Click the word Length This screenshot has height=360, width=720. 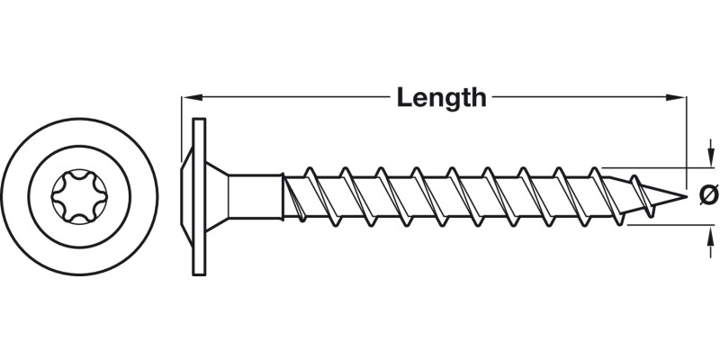[441, 98]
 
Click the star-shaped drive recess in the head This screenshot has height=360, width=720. [79, 196]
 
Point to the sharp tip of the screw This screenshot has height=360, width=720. [687, 197]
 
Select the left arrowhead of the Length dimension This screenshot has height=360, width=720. [193, 97]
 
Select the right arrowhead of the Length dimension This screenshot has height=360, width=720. [677, 97]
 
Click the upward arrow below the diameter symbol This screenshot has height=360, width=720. [711, 241]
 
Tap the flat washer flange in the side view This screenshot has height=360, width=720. [199, 197]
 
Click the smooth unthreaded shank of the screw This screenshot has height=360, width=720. [256, 197]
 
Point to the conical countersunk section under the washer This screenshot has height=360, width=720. [217, 197]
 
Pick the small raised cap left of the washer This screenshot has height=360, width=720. [185, 197]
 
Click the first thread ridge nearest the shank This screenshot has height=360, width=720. [293, 197]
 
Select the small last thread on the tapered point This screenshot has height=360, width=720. [642, 196]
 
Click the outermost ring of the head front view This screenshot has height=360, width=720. [79, 196]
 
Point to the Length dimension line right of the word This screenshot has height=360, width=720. [589, 97]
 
